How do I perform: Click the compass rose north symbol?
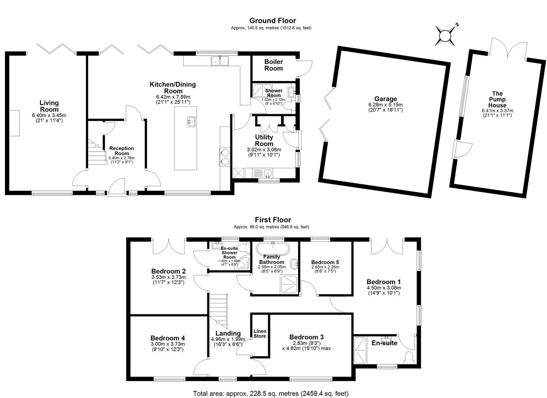point(445,36)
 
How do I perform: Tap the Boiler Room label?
point(273,65)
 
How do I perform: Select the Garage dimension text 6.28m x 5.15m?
point(386,105)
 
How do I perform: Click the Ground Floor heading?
point(273,21)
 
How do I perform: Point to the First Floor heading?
point(273,220)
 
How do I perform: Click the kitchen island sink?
point(191,122)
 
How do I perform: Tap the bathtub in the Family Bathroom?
point(273,249)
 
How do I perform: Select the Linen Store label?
point(260,334)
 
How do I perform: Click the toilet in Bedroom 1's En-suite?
point(409,358)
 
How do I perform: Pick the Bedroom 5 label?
point(325,262)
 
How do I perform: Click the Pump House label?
point(497,99)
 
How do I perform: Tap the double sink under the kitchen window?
point(220,61)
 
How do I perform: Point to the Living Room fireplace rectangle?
point(14,123)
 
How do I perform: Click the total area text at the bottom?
point(271,394)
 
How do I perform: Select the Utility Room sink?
point(268,173)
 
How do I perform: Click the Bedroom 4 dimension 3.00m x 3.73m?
point(168,344)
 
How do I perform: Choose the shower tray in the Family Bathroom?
point(290,284)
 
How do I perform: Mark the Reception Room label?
point(122,151)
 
